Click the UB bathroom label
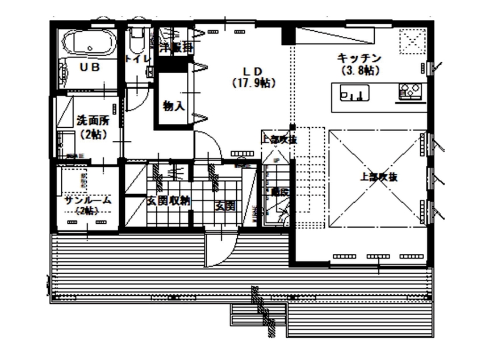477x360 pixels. click(89, 67)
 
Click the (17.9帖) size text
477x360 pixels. click(253, 83)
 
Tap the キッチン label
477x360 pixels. click(358, 58)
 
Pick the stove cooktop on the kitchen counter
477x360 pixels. click(412, 91)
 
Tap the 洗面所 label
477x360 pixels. click(92, 121)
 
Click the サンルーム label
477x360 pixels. click(87, 200)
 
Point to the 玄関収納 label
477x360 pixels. click(168, 201)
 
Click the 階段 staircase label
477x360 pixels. click(279, 192)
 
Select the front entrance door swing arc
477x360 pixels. click(219, 250)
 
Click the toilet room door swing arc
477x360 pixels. click(136, 101)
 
